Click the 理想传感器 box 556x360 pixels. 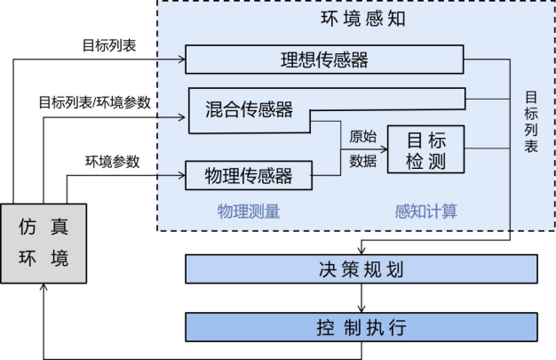coord(324,60)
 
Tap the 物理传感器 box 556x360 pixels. coord(250,174)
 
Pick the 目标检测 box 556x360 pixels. coord(426,150)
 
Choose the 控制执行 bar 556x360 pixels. coord(361,327)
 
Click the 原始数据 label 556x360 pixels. coord(362,148)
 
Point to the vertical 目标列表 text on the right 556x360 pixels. coord(530,121)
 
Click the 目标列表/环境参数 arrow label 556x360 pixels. coord(94,102)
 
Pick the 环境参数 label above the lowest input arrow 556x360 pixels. coord(112,162)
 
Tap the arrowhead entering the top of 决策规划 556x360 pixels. coord(361,250)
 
